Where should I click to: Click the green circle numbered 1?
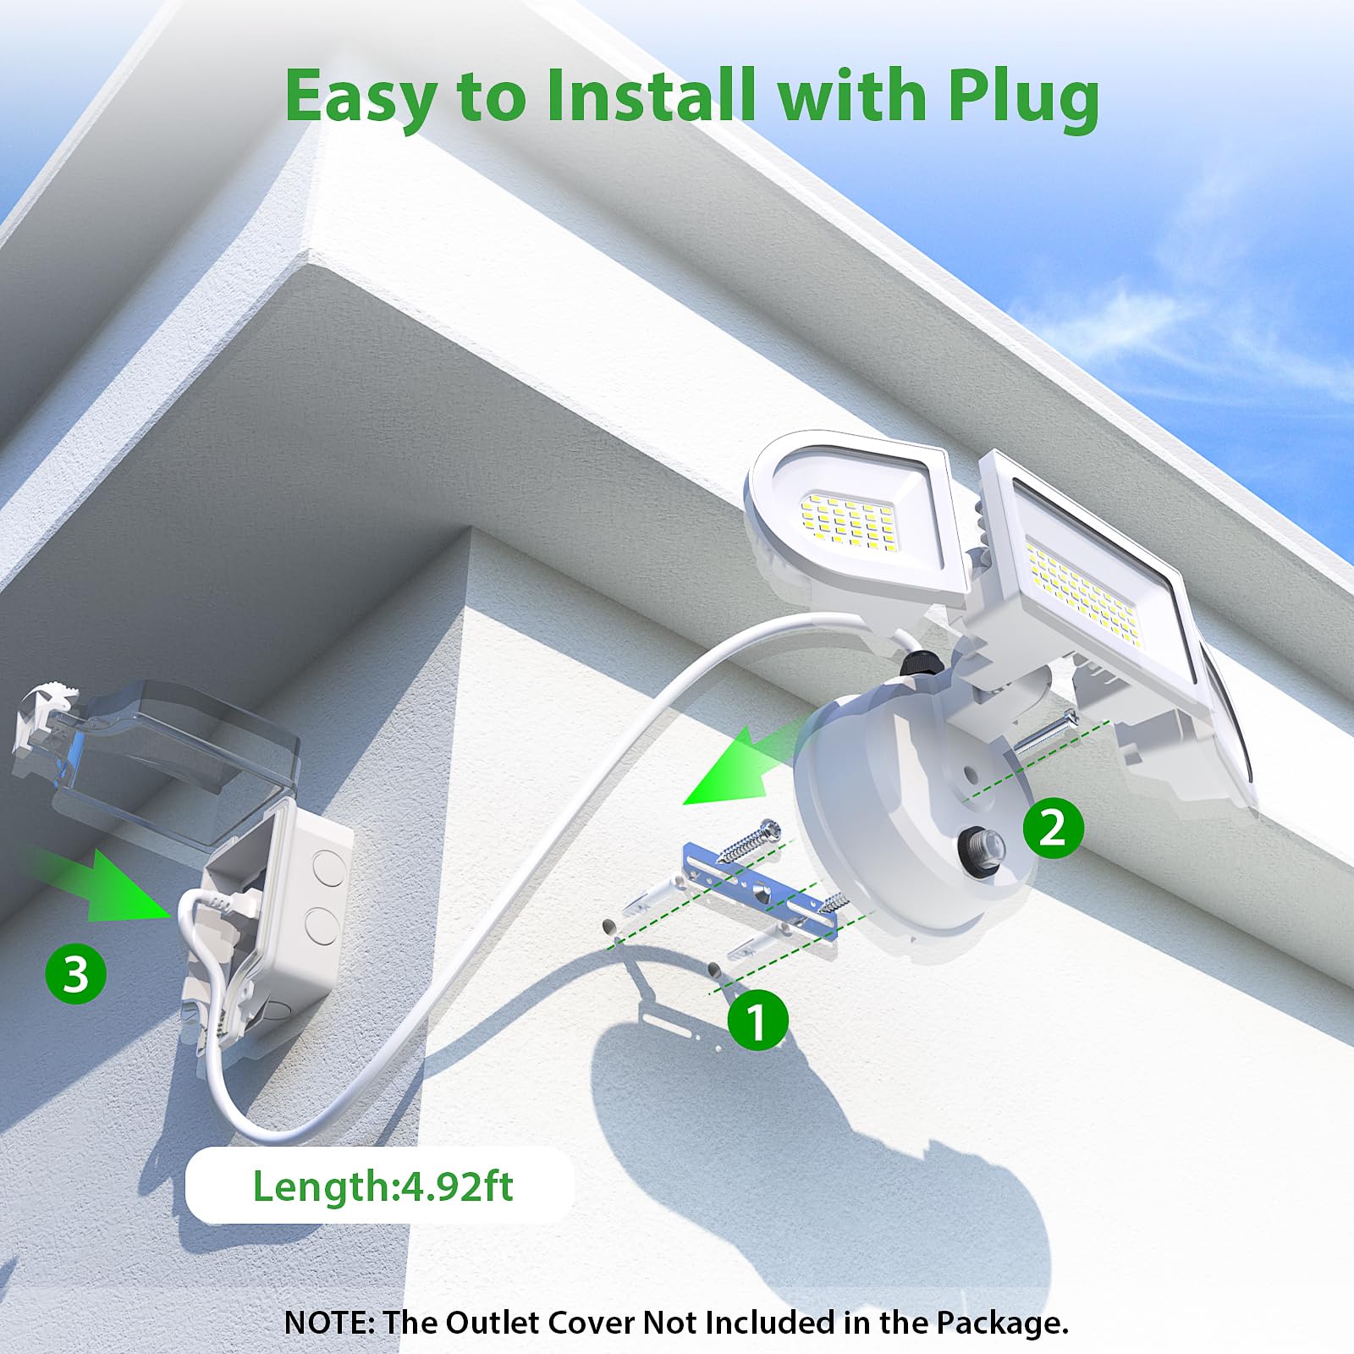[x=757, y=1021]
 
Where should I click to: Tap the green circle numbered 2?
[x=1053, y=827]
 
